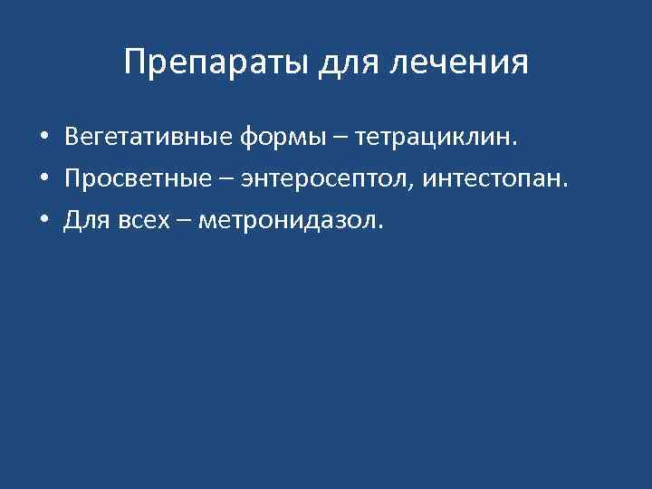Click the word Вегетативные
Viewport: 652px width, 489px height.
coord(149,138)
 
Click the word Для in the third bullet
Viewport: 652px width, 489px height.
coord(83,221)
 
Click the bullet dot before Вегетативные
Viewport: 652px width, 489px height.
coord(43,139)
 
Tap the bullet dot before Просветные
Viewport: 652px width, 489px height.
coord(43,180)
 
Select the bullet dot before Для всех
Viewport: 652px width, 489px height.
coord(43,222)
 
